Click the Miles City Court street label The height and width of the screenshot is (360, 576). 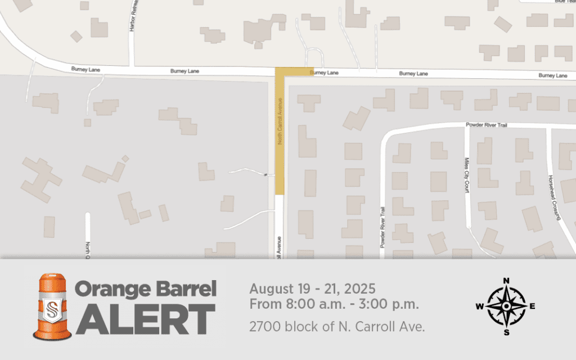coord(466,175)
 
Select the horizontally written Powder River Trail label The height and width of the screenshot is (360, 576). coord(486,125)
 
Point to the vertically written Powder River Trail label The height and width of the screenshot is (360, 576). coord(382,227)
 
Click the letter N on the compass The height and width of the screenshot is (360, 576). coord(506,281)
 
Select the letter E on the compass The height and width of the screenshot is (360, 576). coord(533,306)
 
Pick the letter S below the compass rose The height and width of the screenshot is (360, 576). coord(506,332)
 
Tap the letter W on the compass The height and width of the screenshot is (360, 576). coord(479,307)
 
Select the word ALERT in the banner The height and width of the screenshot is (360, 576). coord(146,320)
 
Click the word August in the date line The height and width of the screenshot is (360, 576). coord(269,290)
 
